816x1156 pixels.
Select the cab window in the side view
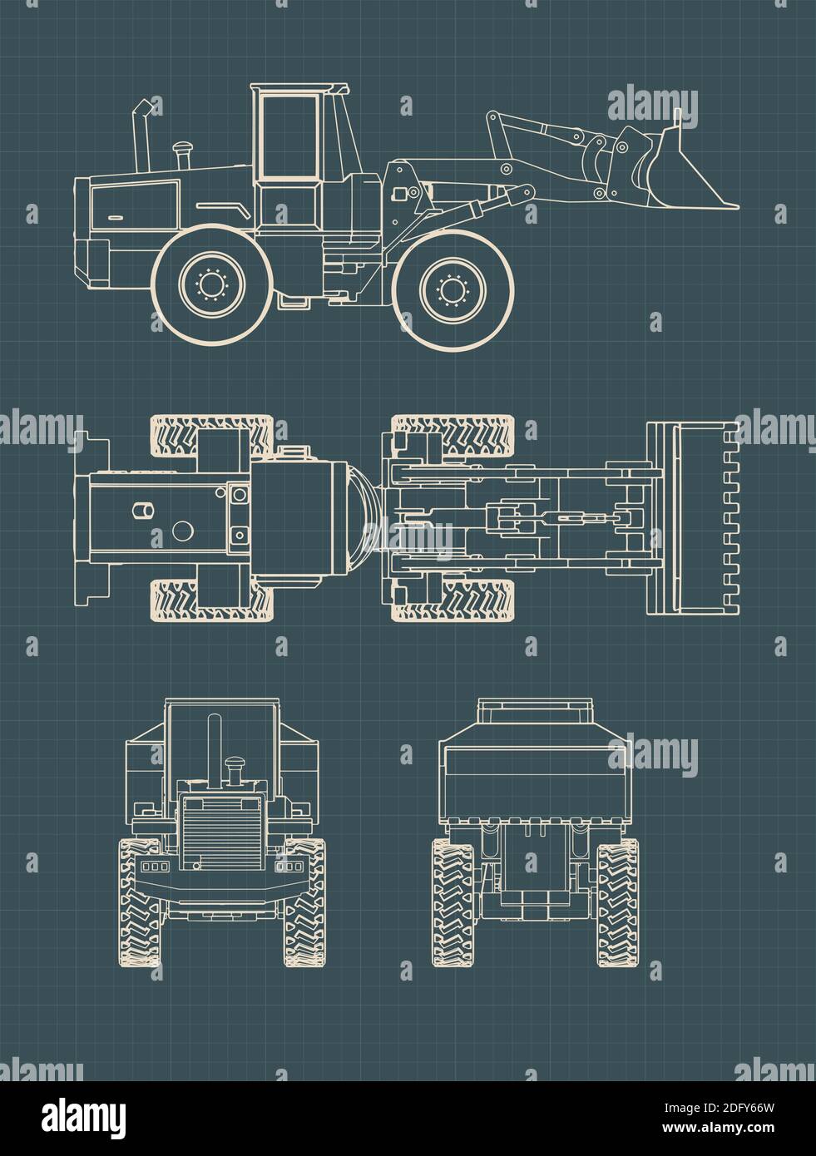coord(288,135)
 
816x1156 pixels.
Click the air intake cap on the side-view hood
coord(181,153)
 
